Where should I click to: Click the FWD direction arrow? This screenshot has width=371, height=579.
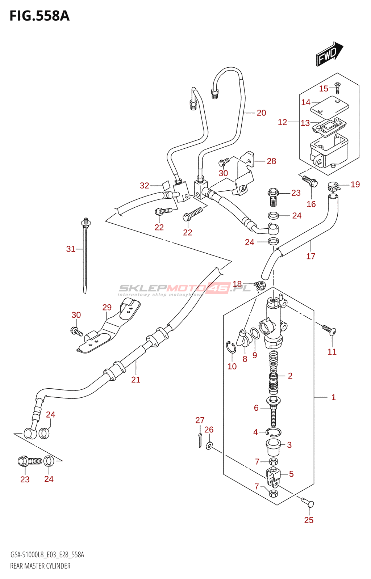tap(329, 54)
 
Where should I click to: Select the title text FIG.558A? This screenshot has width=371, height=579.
tap(39, 16)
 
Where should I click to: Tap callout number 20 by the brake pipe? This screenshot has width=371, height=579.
tap(261, 113)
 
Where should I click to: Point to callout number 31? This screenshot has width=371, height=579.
tap(71, 249)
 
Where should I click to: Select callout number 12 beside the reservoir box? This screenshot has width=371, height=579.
tap(282, 122)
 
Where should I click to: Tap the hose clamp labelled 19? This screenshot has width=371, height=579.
tap(333, 187)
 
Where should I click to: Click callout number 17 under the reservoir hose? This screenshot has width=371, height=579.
tap(311, 256)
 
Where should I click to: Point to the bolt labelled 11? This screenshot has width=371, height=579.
tap(329, 330)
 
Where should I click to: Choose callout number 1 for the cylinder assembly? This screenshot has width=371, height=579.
tap(333, 397)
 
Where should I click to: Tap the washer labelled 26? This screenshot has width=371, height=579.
tap(209, 445)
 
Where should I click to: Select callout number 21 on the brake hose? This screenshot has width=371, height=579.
tap(136, 380)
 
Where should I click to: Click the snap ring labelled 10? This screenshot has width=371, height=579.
tap(231, 348)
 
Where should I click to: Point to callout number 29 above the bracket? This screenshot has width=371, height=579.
tap(107, 307)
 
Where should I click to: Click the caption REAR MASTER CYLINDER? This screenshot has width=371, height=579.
tap(40, 566)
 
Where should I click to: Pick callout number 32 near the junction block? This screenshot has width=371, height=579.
tap(144, 186)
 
